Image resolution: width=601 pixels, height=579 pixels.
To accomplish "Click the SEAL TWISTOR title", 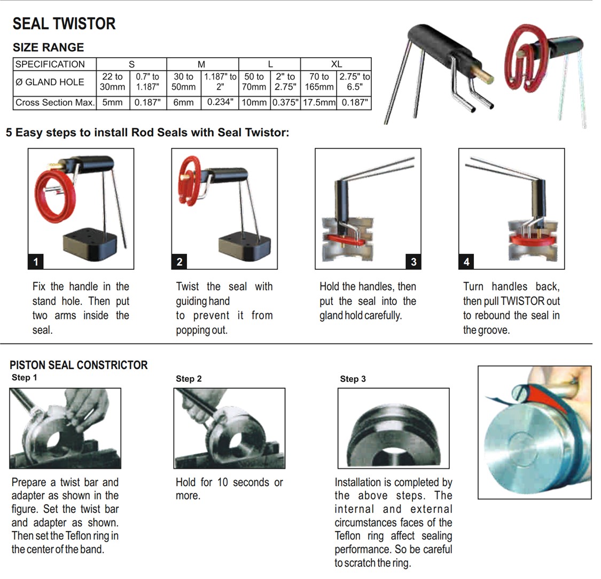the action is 64,24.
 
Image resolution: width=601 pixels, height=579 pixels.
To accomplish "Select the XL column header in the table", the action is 336,64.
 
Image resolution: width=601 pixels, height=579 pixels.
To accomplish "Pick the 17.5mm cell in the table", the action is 319,103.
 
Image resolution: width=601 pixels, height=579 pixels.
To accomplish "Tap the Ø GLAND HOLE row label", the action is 50,82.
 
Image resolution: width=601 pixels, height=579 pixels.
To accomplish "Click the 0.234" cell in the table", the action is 220,102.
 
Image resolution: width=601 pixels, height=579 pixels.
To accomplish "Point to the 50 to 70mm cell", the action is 254,82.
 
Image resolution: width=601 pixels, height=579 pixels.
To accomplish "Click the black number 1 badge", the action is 36,261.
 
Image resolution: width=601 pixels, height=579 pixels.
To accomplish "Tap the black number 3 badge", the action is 413,261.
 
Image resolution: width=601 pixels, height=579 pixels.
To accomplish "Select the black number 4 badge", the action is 466,261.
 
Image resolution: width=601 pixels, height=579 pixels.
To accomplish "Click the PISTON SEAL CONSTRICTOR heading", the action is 79,365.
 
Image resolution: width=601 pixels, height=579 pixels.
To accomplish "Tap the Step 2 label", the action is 189,379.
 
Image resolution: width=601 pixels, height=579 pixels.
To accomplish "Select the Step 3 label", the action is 353,379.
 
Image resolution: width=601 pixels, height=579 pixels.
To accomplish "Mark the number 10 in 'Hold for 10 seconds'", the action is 222,482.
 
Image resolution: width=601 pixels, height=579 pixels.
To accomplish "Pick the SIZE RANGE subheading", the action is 48,47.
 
